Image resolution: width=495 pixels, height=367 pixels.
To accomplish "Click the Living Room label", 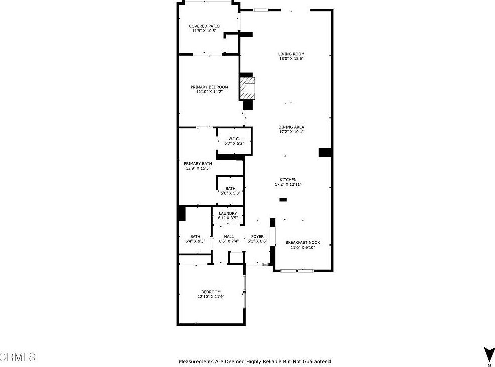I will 291,54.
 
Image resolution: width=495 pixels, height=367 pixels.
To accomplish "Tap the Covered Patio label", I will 204,26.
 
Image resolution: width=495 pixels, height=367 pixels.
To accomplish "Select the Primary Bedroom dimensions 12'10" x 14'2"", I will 209,92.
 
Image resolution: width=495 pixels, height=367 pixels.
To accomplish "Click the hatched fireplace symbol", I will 248,89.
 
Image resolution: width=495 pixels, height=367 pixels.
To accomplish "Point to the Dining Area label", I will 291,127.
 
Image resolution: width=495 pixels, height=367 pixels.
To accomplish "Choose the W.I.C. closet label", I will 234,139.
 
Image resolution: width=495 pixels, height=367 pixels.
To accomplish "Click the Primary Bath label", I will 198,164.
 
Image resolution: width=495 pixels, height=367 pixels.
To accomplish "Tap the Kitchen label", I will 288,180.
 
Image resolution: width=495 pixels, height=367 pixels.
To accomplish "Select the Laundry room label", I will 227,213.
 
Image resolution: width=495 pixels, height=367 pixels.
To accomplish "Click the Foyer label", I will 257,237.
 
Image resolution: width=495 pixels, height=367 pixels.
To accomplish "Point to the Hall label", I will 229,237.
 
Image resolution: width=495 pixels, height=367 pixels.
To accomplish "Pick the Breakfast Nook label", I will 302,243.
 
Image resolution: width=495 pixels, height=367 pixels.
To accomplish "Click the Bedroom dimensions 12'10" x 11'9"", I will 211,297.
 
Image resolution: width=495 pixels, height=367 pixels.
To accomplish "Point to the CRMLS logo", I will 18,357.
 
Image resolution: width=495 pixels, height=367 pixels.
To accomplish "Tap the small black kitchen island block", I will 283,200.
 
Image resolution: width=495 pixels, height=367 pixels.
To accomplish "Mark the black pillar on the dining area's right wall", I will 325,152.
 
